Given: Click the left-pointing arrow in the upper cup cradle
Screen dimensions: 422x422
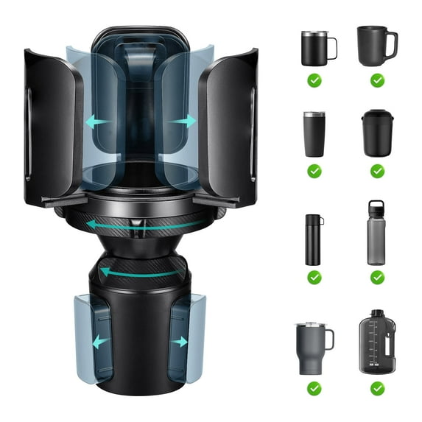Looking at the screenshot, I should [x=99, y=122].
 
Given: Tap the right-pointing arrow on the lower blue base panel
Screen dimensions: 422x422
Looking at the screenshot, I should [x=179, y=342].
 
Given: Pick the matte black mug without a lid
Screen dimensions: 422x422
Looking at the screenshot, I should [x=376, y=46].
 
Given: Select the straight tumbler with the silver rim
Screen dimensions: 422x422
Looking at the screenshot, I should [x=314, y=134].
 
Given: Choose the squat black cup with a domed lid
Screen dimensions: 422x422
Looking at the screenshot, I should [x=377, y=133].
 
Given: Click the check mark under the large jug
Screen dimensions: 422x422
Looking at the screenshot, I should [x=377, y=387].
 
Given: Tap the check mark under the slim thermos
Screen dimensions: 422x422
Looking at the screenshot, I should [x=314, y=278].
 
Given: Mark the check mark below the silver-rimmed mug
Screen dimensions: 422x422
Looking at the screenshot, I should [x=314, y=79].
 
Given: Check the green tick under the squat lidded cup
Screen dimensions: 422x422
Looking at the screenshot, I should [x=377, y=171].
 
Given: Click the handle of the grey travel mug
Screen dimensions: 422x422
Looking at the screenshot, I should [x=328, y=340].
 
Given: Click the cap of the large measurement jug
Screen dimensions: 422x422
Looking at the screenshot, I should [x=377, y=315].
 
